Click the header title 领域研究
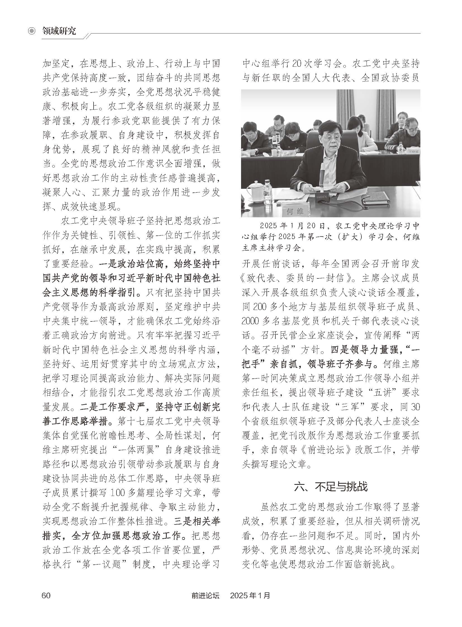(59, 31)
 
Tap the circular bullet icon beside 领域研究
(33, 31)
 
